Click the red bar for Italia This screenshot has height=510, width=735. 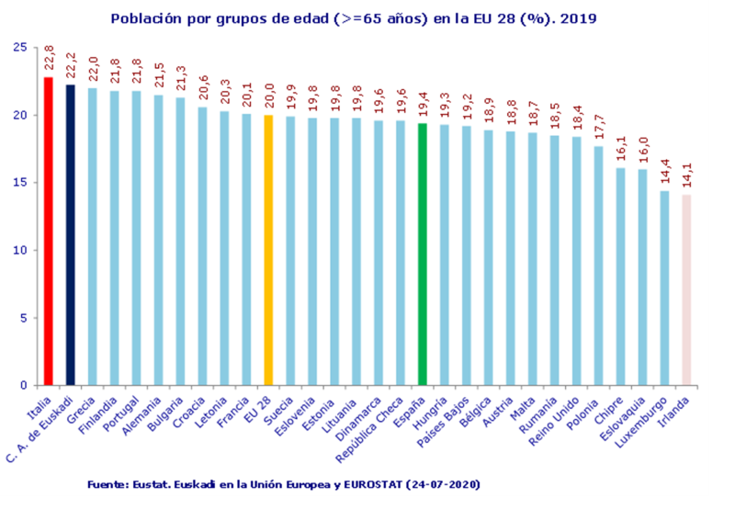49,230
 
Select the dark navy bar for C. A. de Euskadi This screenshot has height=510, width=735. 71,234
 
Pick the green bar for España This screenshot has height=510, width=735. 423,254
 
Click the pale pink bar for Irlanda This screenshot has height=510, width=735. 686,289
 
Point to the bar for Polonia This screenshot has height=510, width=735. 598,266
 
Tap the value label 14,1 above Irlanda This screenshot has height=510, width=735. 686,176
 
